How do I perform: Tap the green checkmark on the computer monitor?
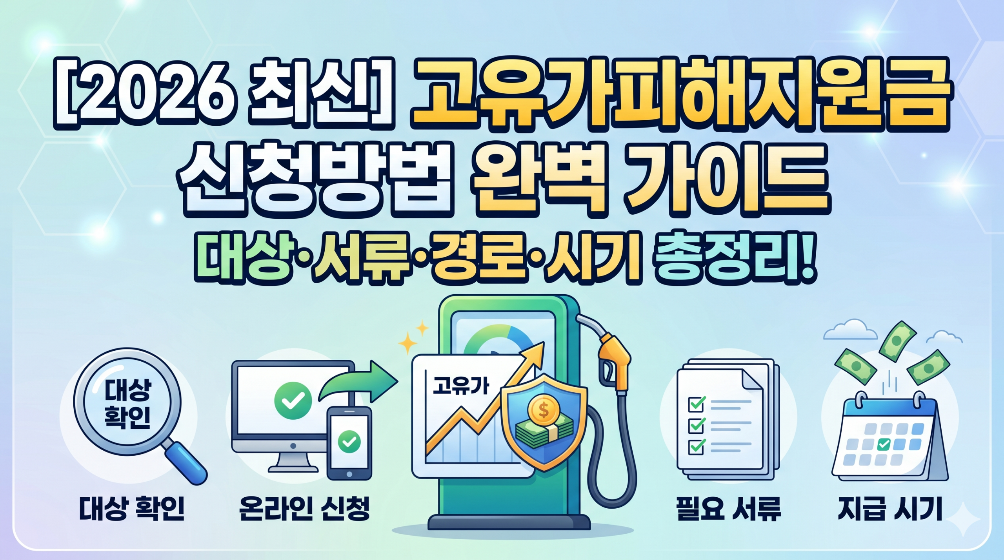click(x=293, y=401)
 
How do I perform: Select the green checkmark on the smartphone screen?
click(x=349, y=442)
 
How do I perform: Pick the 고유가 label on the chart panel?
click(x=461, y=386)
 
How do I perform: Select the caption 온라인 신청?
click(x=304, y=509)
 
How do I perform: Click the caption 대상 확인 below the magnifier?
click(x=131, y=509)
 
